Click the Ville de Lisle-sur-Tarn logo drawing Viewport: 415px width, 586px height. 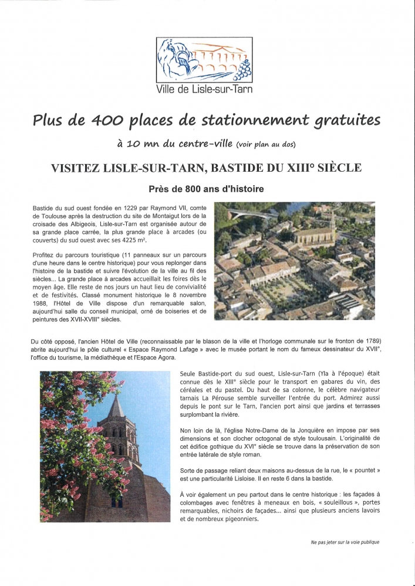tap(204, 61)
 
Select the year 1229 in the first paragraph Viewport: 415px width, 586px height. tap(122, 209)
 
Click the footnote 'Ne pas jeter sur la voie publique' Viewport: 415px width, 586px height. tap(345, 542)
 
